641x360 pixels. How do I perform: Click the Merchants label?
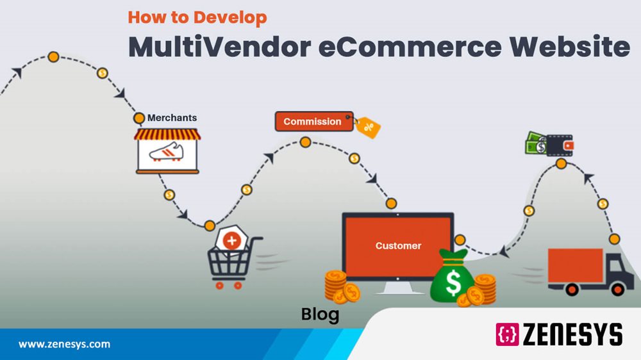point(172,118)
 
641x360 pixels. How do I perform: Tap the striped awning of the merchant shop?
point(167,134)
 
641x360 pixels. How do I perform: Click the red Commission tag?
point(313,121)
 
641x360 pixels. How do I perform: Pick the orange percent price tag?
point(368,127)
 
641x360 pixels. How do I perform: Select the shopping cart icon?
point(231,263)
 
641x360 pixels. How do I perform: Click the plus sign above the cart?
point(232,240)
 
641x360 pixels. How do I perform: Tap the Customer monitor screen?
point(398,245)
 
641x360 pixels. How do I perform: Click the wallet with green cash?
point(549,144)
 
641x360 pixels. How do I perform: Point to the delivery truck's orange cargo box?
point(575,265)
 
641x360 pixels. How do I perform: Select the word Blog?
point(320,315)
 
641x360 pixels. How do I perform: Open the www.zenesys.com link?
point(64,345)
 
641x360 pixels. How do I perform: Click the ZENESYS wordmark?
point(573,334)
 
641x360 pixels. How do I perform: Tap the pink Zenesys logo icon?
point(507,334)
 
